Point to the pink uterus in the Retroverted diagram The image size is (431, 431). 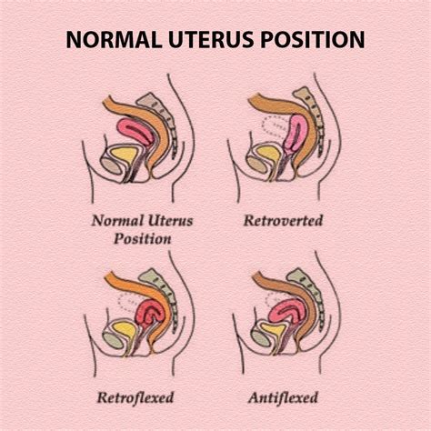pyautogui.click(x=296, y=136)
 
